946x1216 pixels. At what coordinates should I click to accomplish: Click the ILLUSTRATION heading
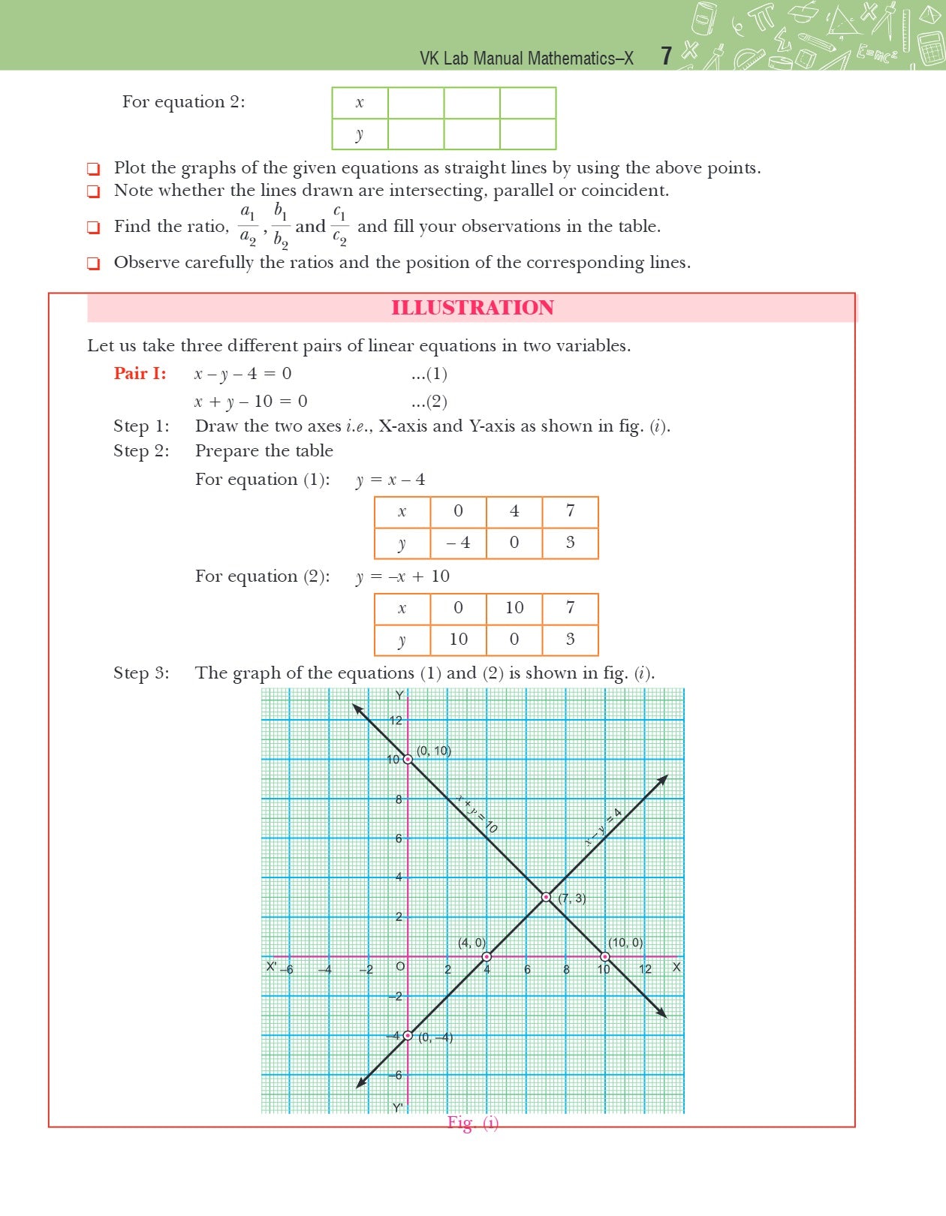coord(472,308)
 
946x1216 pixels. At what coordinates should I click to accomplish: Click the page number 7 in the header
coord(665,56)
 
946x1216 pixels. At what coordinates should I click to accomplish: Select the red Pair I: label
coord(140,373)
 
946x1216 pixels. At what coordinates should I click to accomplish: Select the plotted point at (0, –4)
coord(408,1035)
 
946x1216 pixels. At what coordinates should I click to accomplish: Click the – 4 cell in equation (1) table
coord(458,543)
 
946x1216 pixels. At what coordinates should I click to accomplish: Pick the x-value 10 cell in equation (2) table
coord(514,608)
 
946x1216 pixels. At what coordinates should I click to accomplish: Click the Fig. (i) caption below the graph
coord(472,1122)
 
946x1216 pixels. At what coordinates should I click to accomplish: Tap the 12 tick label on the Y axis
coord(396,721)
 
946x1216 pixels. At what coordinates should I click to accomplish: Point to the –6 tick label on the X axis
coord(287,969)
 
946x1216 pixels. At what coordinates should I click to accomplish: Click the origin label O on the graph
coord(400,967)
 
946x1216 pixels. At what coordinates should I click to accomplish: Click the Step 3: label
coord(141,673)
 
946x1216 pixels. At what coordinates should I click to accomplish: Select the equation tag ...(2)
coord(429,402)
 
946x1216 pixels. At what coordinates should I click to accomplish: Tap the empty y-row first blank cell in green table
coord(416,134)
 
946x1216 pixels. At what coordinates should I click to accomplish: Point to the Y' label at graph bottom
coord(397,1107)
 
